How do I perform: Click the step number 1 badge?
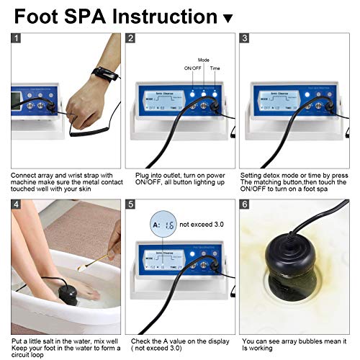[x=16, y=39]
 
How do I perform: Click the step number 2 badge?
[x=130, y=39]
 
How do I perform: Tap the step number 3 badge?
[x=246, y=39]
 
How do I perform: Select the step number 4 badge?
[x=16, y=205]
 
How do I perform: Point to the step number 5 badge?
[x=130, y=205]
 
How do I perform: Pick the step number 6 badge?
[x=246, y=205]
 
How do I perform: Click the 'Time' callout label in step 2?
[x=215, y=68]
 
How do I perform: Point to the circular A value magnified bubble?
[x=163, y=224]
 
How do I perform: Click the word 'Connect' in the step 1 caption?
[x=23, y=174]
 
